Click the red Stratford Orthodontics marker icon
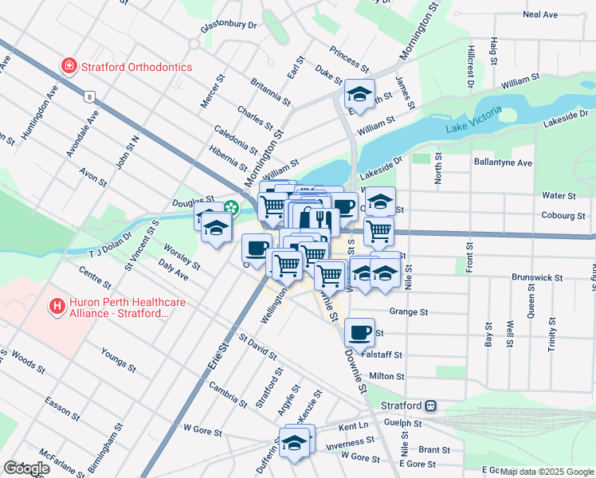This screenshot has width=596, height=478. pyautogui.click(x=70, y=67)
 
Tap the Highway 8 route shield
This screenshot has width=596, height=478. pyautogui.click(x=90, y=96)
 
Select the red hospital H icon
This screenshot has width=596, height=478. pyautogui.click(x=57, y=305)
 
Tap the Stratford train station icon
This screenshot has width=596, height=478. pyautogui.click(x=430, y=405)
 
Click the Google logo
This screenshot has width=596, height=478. pyautogui.click(x=26, y=468)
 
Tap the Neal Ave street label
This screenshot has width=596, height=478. pyautogui.click(x=540, y=14)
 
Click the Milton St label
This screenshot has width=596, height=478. pyautogui.click(x=387, y=376)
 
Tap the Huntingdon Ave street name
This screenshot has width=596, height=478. pyautogui.click(x=40, y=115)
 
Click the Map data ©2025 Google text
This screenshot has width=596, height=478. pyautogui.click(x=546, y=472)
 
